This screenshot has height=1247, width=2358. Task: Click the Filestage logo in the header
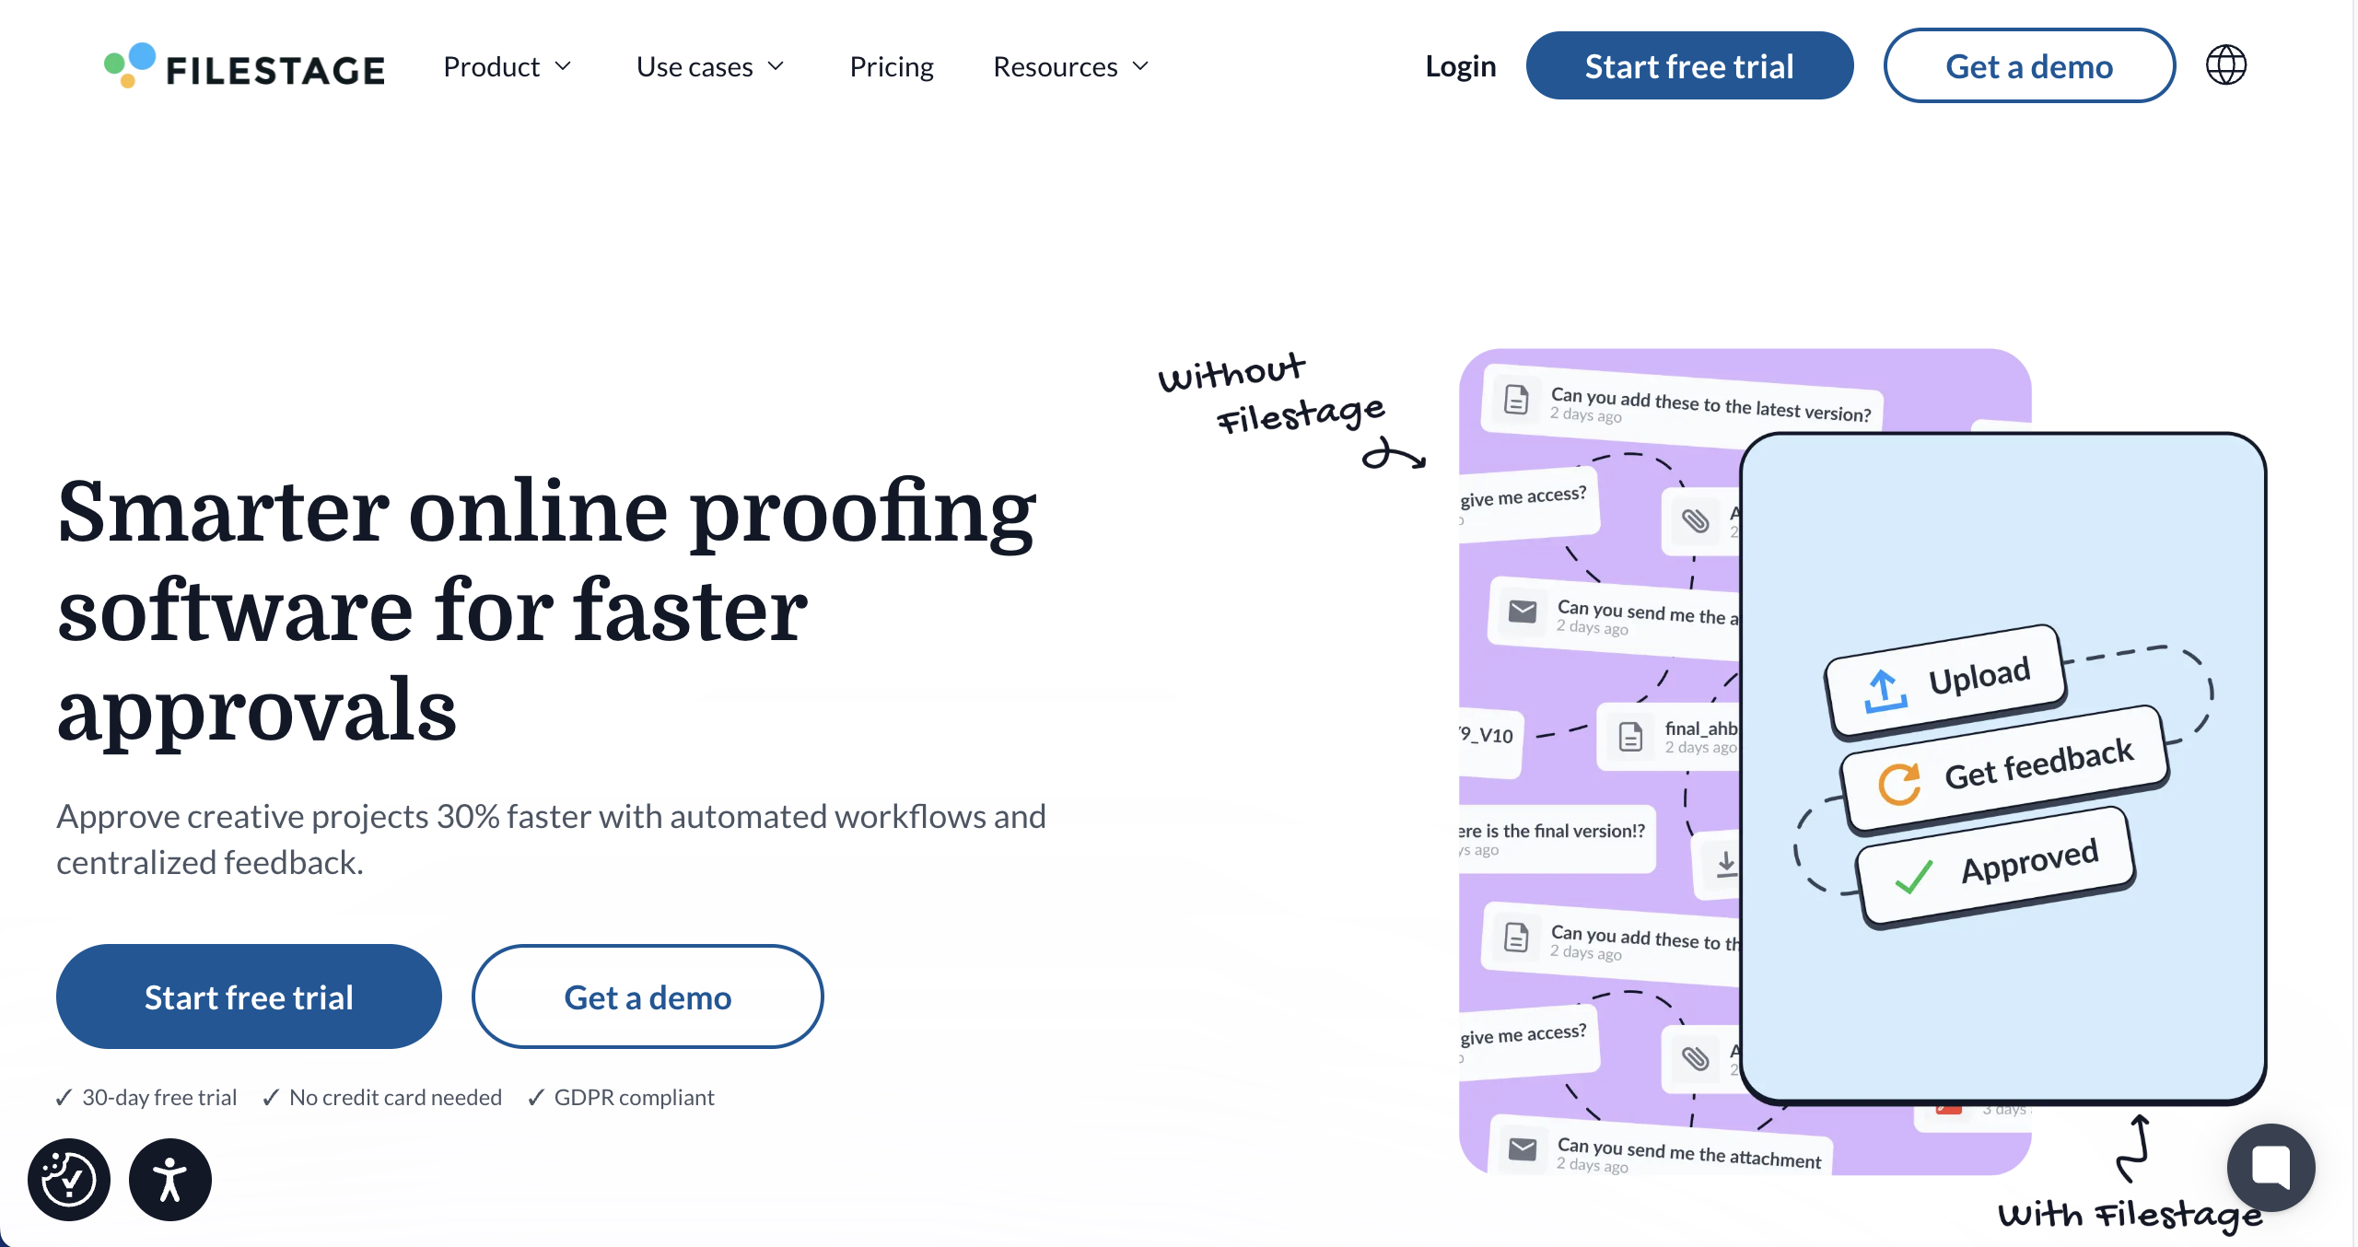(244, 67)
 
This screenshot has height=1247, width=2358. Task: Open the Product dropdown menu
(507, 67)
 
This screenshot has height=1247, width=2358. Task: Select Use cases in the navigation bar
(709, 67)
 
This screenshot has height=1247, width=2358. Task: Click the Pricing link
(891, 67)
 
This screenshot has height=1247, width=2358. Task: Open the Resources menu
(1070, 67)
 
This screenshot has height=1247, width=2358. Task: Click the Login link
(1460, 67)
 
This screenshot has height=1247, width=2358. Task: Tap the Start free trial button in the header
(1688, 66)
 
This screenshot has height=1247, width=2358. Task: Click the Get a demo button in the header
(2028, 66)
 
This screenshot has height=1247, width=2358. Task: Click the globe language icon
(2225, 65)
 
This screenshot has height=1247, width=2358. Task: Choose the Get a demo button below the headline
(647, 997)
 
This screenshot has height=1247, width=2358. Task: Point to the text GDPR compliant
(634, 1098)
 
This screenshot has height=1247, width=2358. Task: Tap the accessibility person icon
(170, 1180)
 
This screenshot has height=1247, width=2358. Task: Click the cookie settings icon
(69, 1180)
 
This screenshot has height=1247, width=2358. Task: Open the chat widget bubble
(2270, 1167)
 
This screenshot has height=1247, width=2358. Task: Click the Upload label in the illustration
(1979, 677)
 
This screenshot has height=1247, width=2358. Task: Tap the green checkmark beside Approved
(1913, 877)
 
